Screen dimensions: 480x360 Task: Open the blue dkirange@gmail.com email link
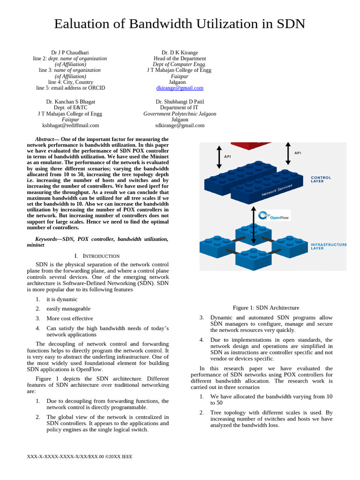(180, 88)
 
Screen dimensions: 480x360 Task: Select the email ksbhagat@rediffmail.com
(70, 125)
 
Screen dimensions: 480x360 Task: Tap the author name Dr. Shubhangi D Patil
(180, 102)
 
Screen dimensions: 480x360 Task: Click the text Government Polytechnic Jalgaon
(180, 113)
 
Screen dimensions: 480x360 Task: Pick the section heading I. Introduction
(97, 256)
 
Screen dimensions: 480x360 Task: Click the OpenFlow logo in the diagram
(275, 216)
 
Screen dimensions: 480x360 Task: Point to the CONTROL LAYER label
(321, 179)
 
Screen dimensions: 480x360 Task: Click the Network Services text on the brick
(277, 190)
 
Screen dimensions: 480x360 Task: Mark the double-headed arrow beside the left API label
(219, 157)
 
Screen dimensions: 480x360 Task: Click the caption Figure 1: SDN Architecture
(266, 307)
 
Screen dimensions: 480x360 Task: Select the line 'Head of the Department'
(180, 59)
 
